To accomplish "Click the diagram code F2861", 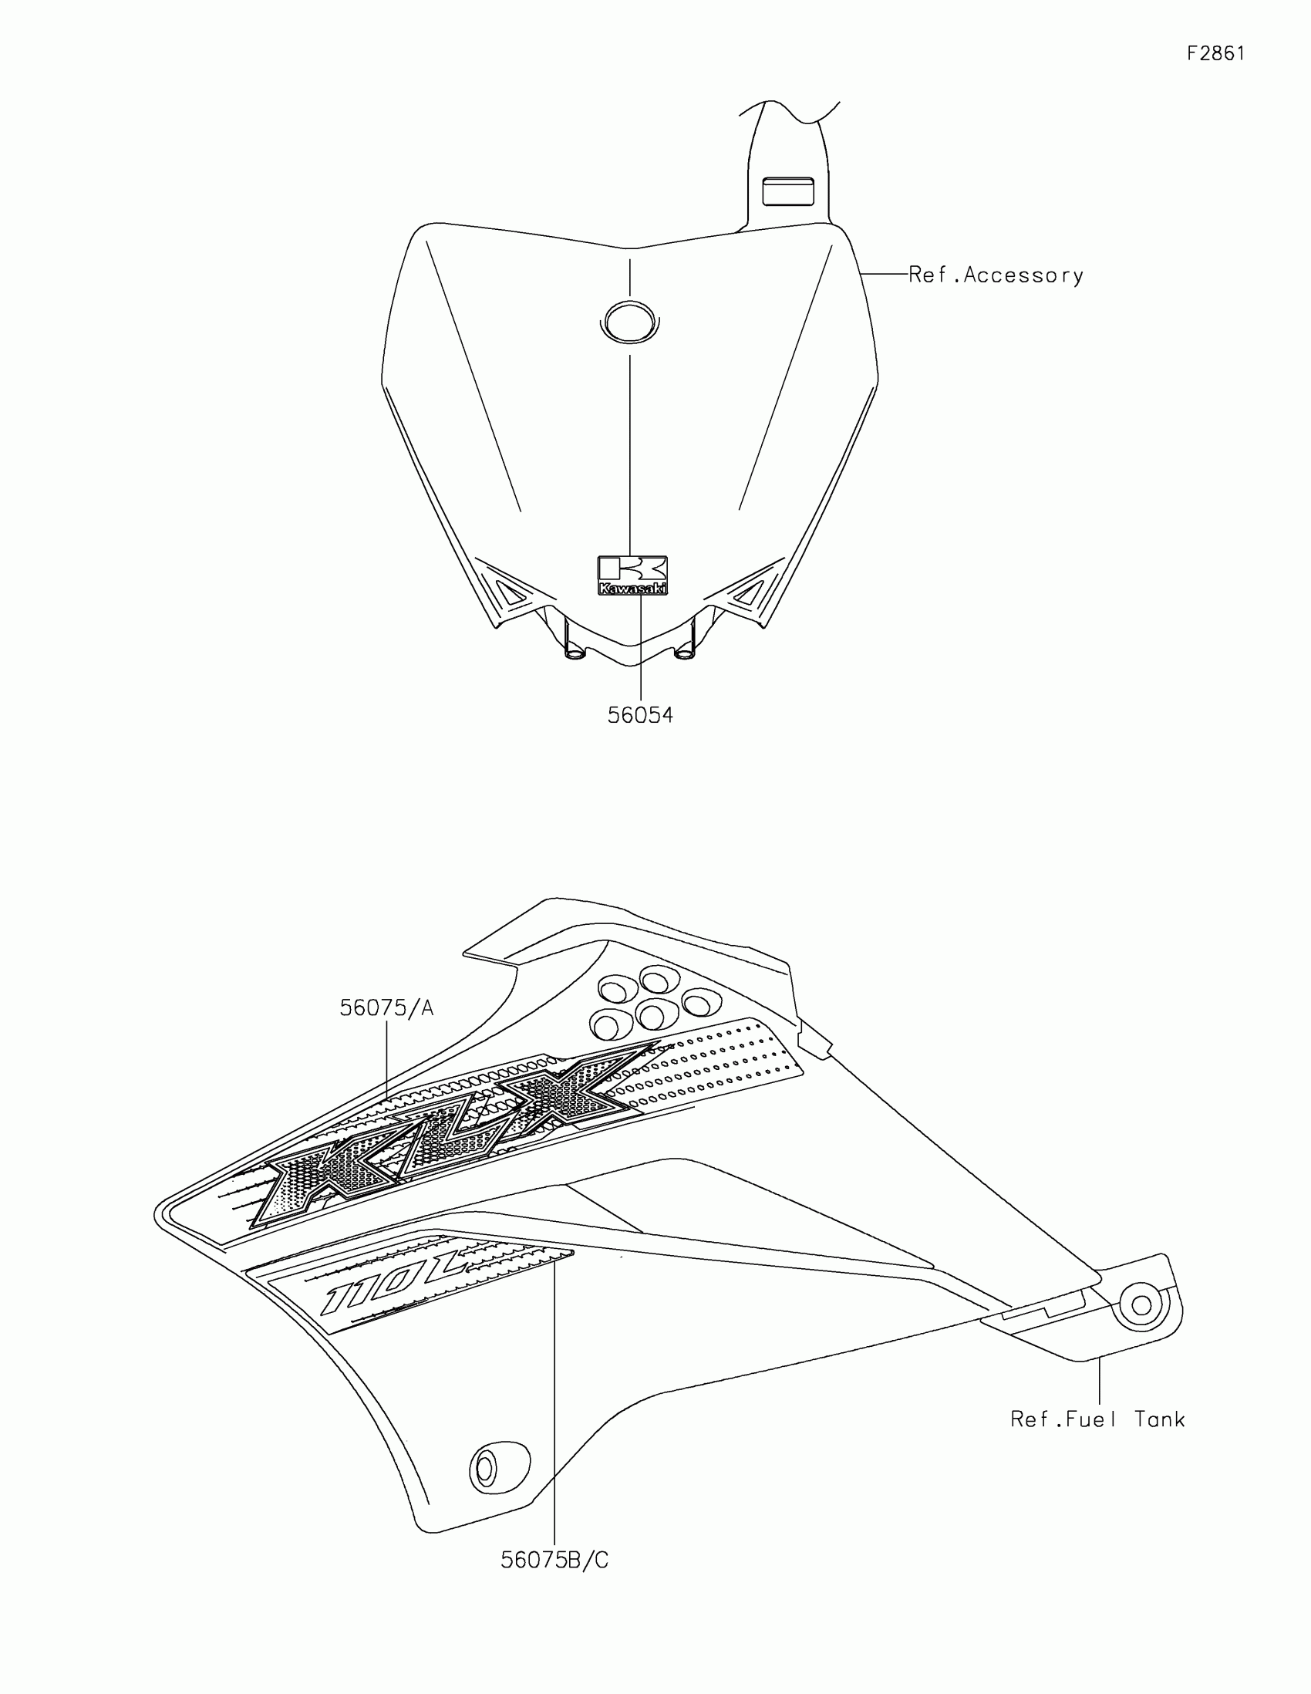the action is (x=1215, y=53).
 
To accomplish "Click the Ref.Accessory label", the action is (x=996, y=275).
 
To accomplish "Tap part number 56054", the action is (x=639, y=715).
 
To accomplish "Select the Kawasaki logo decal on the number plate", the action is (x=632, y=576).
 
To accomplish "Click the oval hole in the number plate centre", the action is (x=629, y=321).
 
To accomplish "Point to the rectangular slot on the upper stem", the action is (x=788, y=191).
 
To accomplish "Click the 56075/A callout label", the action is (x=386, y=1008).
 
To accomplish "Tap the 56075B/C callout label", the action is (x=554, y=1560).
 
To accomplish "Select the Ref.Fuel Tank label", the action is (x=1098, y=1420).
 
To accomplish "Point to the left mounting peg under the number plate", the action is (x=575, y=650).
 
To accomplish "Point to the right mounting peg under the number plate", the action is (x=686, y=650).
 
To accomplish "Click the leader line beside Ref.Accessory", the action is (x=885, y=274).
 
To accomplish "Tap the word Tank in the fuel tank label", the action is (x=1160, y=1420).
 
